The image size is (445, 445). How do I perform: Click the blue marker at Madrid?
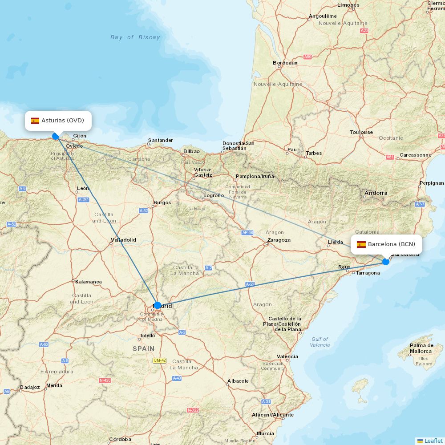click(x=157, y=305)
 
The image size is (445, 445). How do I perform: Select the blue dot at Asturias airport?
click(x=55, y=136)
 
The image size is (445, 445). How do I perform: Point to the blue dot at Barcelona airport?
click(x=386, y=262)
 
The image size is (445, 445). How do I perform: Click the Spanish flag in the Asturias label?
click(x=35, y=121)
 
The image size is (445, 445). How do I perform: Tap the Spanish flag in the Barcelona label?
click(x=361, y=244)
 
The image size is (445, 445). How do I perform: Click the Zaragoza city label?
click(x=279, y=240)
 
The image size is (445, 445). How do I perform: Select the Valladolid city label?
click(x=123, y=240)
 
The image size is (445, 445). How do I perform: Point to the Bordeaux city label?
click(x=285, y=63)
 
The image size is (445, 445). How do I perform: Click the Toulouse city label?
click(x=361, y=132)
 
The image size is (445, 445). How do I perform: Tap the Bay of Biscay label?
click(x=135, y=37)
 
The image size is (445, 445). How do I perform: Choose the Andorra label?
click(x=376, y=193)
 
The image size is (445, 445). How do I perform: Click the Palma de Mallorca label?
click(x=421, y=348)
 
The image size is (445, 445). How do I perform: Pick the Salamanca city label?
click(x=88, y=282)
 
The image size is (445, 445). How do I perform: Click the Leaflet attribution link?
click(x=433, y=441)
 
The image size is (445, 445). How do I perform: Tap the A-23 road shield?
click(x=250, y=284)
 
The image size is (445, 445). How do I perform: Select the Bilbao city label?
click(x=191, y=151)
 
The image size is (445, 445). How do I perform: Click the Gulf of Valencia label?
click(x=320, y=342)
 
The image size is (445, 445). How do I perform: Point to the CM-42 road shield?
click(x=159, y=360)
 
